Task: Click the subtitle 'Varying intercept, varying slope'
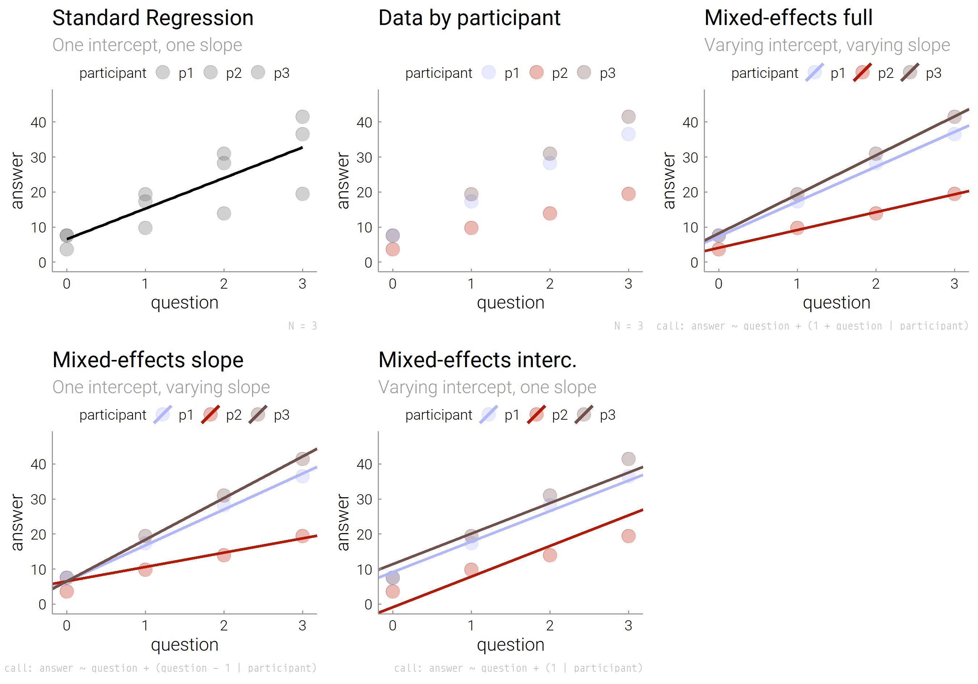click(x=827, y=45)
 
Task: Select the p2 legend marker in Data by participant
click(x=536, y=73)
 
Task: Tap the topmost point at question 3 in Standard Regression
click(x=302, y=117)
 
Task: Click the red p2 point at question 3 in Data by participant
click(x=628, y=194)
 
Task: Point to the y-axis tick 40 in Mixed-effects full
click(x=690, y=123)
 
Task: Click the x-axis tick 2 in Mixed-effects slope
click(x=223, y=625)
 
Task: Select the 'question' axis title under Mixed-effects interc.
click(x=510, y=645)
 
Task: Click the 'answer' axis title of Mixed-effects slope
click(x=17, y=522)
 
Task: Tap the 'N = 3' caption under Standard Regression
click(x=302, y=326)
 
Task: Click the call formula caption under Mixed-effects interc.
click(x=518, y=668)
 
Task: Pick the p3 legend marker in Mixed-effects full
click(x=910, y=73)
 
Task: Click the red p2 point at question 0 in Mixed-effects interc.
click(x=392, y=591)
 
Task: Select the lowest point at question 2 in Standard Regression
click(x=223, y=213)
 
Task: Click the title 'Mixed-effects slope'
click(x=148, y=360)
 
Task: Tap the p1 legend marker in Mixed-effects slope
click(x=163, y=415)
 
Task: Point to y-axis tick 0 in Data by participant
click(x=368, y=263)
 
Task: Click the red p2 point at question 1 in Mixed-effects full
click(x=797, y=228)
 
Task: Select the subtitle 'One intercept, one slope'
click(x=147, y=45)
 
